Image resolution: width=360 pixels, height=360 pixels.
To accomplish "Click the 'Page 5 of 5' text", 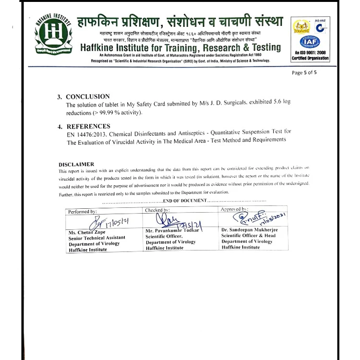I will pyautogui.click(x=304, y=73).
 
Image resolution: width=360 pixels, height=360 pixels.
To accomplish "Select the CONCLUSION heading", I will pyautogui.click(x=87, y=96).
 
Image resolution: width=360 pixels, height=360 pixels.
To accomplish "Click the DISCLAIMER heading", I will pyautogui.click(x=76, y=164).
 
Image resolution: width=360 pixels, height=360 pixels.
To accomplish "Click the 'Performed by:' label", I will pyautogui.click(x=83, y=211).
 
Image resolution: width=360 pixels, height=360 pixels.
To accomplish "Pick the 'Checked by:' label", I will pyautogui.click(x=157, y=210).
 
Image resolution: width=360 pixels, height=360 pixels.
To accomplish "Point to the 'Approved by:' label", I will pyautogui.click(x=234, y=209).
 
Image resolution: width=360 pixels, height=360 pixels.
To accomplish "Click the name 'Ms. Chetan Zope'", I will pyautogui.click(x=87, y=232).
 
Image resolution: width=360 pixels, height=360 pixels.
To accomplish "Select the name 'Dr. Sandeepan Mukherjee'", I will pyautogui.click(x=250, y=230).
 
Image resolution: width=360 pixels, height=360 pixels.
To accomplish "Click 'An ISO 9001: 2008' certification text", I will pyautogui.click(x=310, y=53).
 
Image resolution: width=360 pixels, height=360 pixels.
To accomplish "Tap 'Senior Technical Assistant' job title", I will pyautogui.click(x=97, y=238).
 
